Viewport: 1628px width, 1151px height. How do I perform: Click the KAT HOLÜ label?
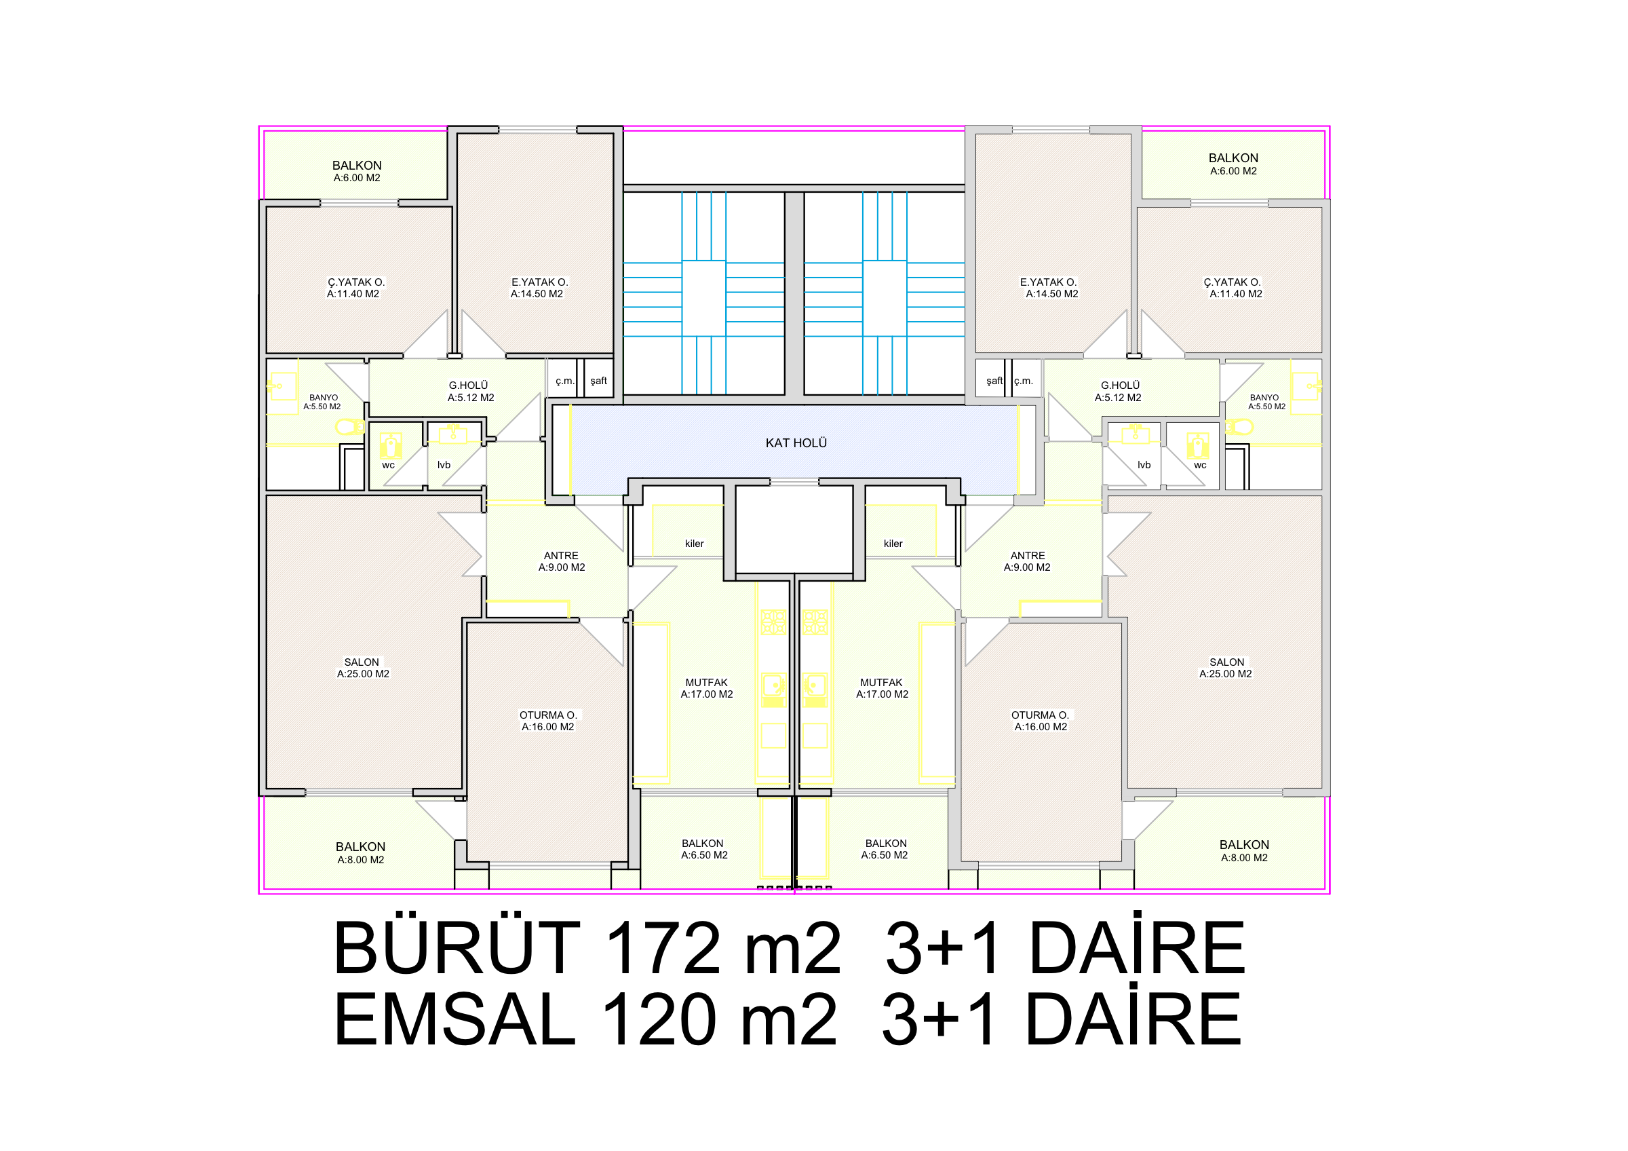click(x=796, y=443)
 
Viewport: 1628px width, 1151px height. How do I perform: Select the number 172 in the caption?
click(x=664, y=948)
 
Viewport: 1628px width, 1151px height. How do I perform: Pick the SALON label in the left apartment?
click(x=362, y=662)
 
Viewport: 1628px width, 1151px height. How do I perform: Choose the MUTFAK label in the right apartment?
click(x=881, y=683)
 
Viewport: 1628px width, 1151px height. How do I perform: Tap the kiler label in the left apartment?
click(x=694, y=544)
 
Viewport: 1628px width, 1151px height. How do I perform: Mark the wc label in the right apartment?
click(x=1200, y=466)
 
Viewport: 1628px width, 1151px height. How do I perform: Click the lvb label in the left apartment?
click(x=444, y=466)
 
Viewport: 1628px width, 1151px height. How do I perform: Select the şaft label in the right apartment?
click(x=995, y=381)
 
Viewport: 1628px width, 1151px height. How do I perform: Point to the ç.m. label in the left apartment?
click(x=565, y=381)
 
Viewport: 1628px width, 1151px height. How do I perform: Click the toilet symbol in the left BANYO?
click(x=349, y=427)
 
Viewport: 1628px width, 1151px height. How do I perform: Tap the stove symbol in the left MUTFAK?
click(x=773, y=622)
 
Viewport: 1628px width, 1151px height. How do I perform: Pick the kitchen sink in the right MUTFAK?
click(x=815, y=690)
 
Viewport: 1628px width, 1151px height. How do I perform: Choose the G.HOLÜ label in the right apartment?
click(x=1121, y=385)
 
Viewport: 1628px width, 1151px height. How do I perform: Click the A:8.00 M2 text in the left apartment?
click(x=361, y=861)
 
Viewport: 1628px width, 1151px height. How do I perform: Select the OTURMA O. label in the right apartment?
click(x=1039, y=715)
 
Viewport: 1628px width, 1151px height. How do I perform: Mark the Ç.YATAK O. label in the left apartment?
click(x=356, y=282)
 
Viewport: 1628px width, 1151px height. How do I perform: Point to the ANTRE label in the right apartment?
click(x=1028, y=556)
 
